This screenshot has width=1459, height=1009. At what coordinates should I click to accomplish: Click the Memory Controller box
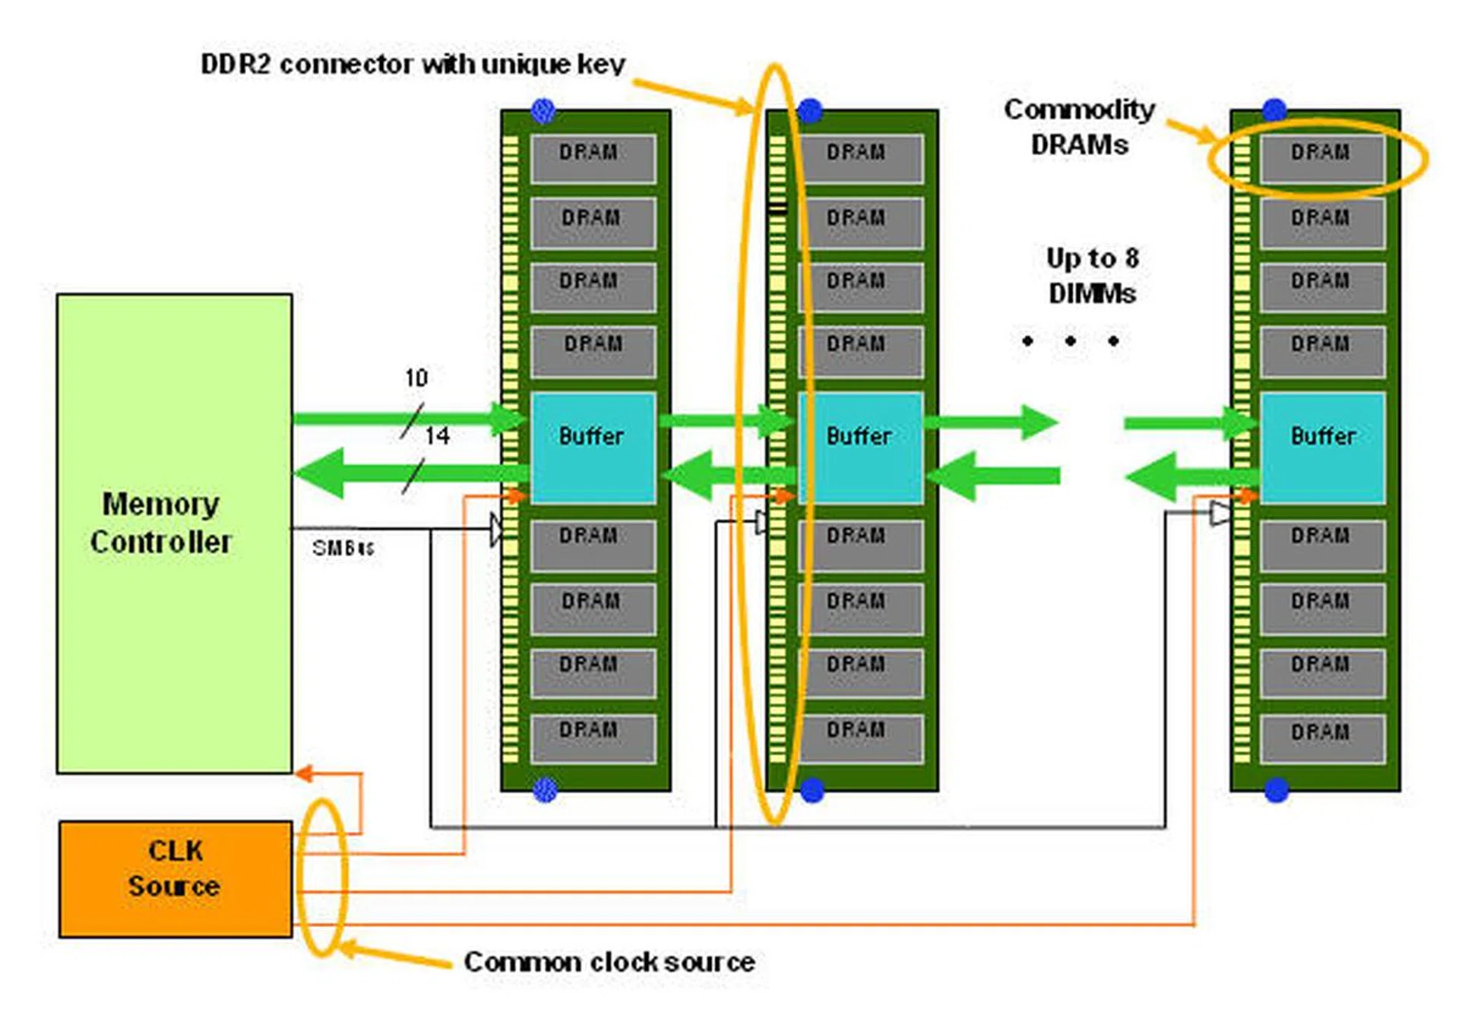tap(174, 533)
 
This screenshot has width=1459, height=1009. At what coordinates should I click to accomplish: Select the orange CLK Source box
tap(175, 878)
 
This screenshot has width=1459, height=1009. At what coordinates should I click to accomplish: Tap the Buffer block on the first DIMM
tap(593, 448)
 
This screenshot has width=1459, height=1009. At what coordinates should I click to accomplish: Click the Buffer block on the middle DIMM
tap(860, 448)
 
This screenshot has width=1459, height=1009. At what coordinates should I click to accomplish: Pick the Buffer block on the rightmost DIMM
tap(1322, 448)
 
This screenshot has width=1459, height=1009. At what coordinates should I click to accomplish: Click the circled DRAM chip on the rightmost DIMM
tap(1321, 158)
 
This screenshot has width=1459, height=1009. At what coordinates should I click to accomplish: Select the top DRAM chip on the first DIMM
tap(593, 158)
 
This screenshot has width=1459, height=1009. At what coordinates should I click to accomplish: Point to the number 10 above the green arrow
tap(416, 378)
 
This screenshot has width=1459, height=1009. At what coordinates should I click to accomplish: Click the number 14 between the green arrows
tap(437, 435)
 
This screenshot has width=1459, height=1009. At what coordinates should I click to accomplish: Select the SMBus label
tap(343, 548)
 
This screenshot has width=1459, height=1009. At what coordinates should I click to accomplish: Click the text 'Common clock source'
tap(609, 962)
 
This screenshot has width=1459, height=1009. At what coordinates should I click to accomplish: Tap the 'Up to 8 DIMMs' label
tap(1092, 275)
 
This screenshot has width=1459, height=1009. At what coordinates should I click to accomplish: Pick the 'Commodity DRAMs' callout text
tap(1079, 126)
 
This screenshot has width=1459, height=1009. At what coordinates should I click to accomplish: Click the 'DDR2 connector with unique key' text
tap(413, 64)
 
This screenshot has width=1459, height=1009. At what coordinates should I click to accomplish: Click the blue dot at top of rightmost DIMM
tap(1274, 110)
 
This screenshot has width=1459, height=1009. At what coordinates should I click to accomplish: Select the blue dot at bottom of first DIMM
tap(545, 789)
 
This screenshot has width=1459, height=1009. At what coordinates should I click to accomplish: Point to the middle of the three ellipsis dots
tap(1070, 341)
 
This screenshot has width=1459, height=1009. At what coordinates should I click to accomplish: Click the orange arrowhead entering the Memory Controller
tap(303, 773)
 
